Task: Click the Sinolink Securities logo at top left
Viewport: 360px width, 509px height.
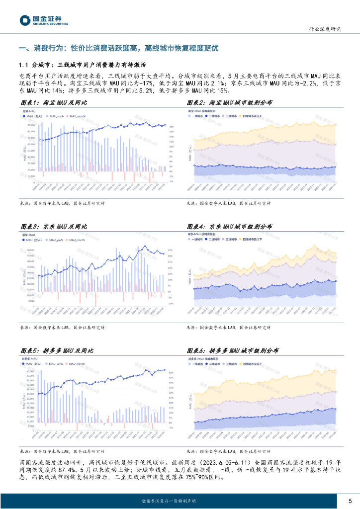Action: tap(44, 20)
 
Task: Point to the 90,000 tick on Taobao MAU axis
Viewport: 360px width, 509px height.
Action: tap(31, 125)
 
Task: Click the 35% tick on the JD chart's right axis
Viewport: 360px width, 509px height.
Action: tap(170, 250)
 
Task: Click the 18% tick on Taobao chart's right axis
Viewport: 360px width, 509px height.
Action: tap(171, 126)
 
